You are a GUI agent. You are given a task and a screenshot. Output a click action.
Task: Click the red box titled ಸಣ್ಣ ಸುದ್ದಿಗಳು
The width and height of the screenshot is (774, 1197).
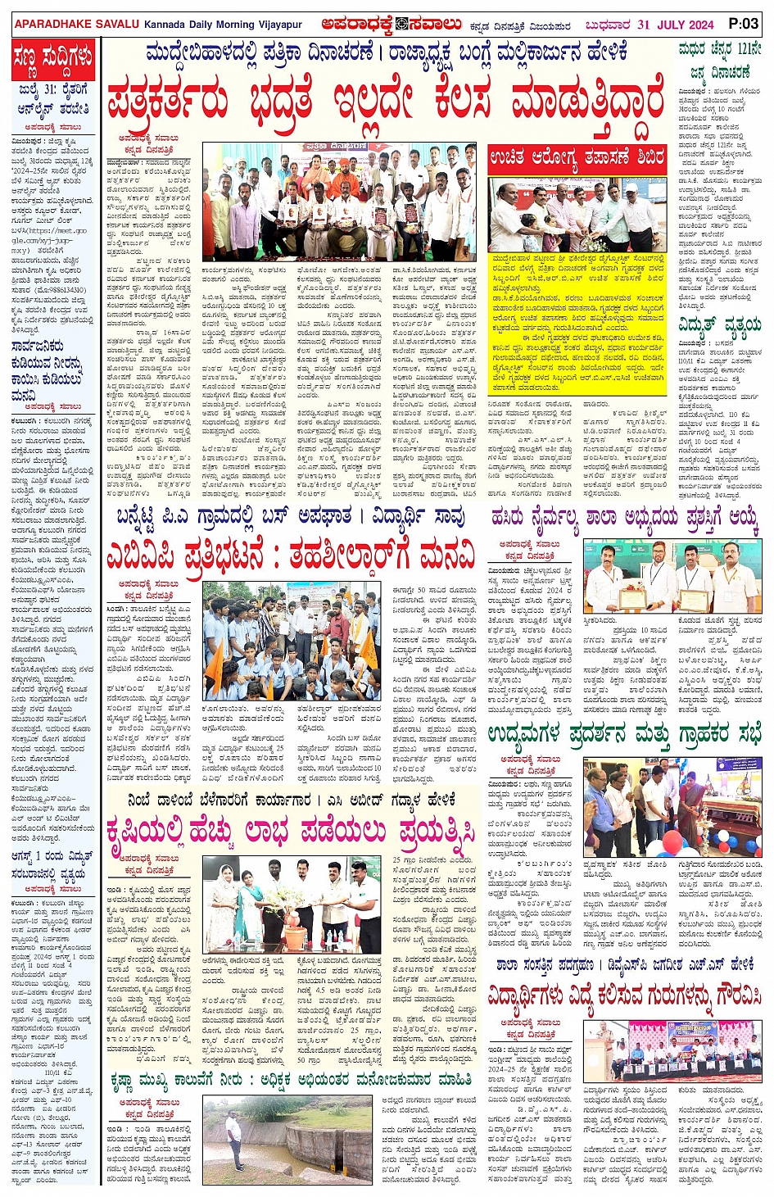click(x=53, y=59)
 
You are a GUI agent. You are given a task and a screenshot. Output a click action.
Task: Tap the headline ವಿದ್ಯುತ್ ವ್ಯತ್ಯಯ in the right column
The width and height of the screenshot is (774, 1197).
click(x=721, y=329)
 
